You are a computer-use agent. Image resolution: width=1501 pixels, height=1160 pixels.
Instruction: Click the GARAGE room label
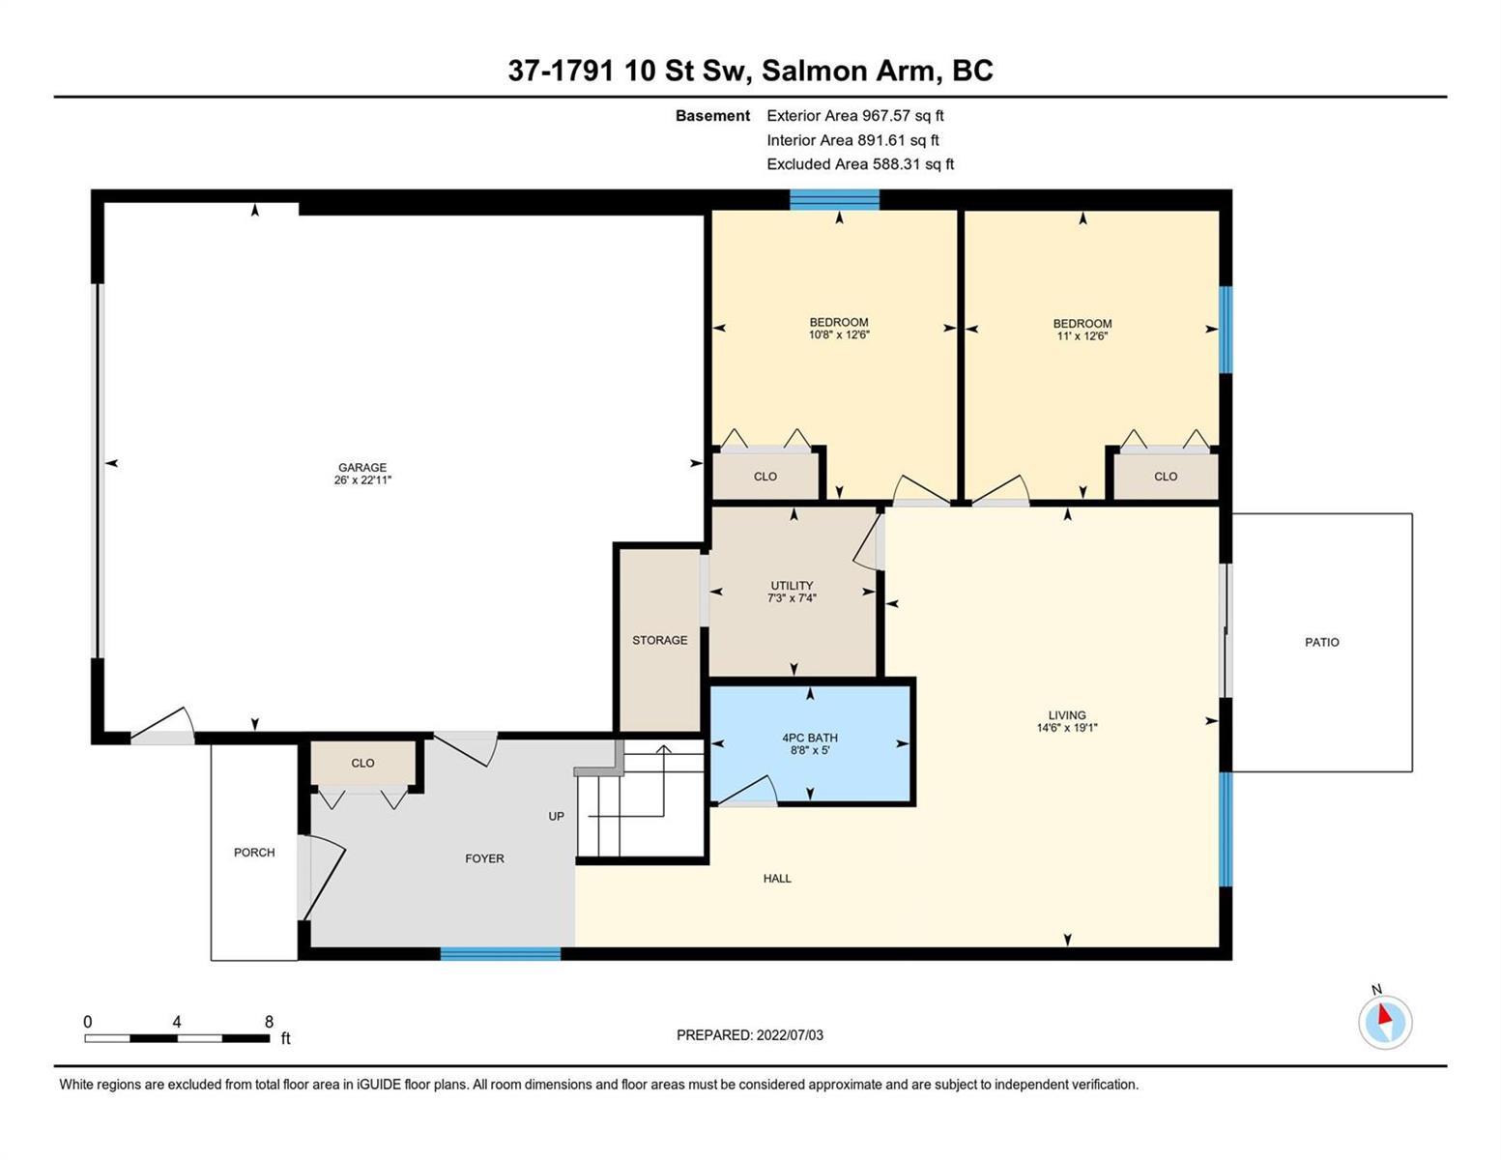pyautogui.click(x=361, y=468)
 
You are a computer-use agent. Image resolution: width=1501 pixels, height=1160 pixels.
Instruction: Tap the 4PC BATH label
pyautogui.click(x=810, y=738)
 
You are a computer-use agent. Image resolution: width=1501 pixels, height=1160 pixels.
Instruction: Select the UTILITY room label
pyautogui.click(x=792, y=585)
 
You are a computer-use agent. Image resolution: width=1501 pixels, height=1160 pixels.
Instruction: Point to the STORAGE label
pyautogui.click(x=660, y=641)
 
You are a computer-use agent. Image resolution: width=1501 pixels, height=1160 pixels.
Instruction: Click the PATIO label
pyautogui.click(x=1322, y=643)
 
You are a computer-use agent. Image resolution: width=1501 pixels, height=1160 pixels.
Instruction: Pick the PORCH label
pyautogui.click(x=254, y=853)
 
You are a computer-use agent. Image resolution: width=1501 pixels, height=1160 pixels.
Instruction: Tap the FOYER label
pyautogui.click(x=484, y=858)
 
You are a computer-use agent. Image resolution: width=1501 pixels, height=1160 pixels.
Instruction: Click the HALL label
pyautogui.click(x=777, y=879)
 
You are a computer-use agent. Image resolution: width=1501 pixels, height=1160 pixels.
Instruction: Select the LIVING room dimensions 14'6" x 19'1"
pyautogui.click(x=1067, y=728)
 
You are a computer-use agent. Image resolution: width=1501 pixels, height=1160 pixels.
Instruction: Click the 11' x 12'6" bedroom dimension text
pyautogui.click(x=1082, y=336)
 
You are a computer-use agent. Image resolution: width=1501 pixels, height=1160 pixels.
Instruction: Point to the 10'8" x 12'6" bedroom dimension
pyautogui.click(x=839, y=335)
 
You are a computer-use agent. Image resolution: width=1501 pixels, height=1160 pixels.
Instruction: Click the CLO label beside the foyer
pyautogui.click(x=362, y=764)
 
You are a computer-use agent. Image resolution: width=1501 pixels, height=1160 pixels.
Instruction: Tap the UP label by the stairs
pyautogui.click(x=556, y=817)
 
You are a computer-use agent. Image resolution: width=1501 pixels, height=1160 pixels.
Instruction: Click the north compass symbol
pyautogui.click(x=1385, y=1022)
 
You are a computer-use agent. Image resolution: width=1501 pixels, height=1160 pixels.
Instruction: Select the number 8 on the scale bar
pyautogui.click(x=269, y=1022)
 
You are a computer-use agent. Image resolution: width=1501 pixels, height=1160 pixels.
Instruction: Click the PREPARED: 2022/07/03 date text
pyautogui.click(x=749, y=1035)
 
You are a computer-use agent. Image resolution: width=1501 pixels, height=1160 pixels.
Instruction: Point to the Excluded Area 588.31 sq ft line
pyautogui.click(x=860, y=164)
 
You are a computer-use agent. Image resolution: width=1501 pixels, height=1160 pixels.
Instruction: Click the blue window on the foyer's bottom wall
pyautogui.click(x=500, y=954)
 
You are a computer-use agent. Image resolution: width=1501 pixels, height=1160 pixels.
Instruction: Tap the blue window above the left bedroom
pyautogui.click(x=834, y=200)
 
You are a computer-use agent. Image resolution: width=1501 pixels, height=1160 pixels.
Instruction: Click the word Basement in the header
pyautogui.click(x=712, y=116)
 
